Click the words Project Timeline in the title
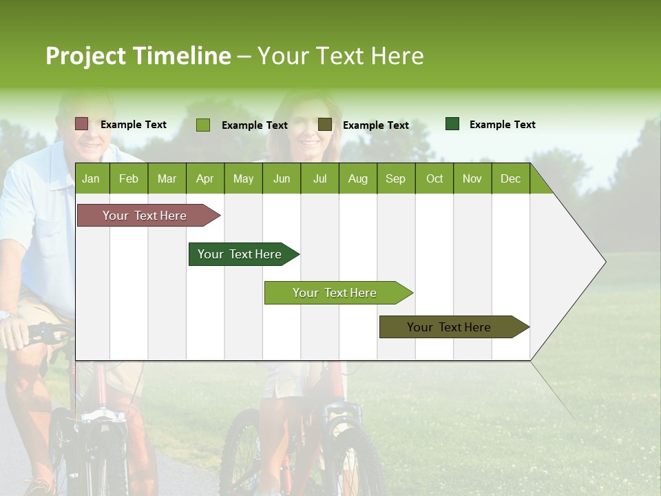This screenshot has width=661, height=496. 138,56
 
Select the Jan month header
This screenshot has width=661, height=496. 91,178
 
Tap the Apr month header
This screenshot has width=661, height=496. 204,178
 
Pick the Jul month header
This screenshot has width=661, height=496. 319,178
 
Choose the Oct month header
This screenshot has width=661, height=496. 434,178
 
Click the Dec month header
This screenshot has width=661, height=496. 510,178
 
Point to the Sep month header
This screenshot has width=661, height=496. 395,178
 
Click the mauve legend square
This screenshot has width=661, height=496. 81,124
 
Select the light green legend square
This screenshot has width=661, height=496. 203,125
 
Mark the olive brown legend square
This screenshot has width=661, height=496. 325,124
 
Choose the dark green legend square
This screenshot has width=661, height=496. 452,124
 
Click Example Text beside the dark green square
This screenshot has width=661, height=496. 502,125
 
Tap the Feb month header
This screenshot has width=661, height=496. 129,178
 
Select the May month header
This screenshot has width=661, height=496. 243,178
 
